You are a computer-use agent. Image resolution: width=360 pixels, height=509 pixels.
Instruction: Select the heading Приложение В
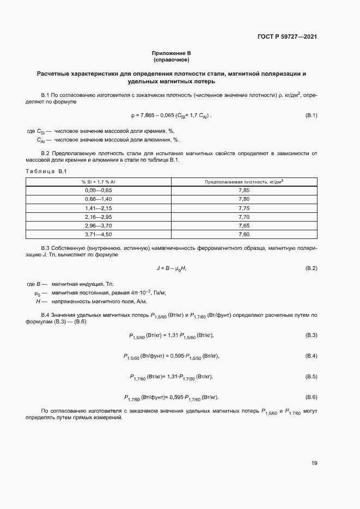[172, 53]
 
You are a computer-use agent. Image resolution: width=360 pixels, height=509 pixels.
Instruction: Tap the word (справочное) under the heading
[172, 59]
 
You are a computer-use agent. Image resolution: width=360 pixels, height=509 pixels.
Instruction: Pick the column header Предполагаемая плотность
[243, 181]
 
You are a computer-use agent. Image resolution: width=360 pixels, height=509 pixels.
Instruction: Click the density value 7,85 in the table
[243, 190]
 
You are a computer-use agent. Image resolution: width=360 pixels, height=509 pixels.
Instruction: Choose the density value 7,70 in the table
[243, 217]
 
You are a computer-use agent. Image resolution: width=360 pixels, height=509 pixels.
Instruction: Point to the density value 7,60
[243, 234]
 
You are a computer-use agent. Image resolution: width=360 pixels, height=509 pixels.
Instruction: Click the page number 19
[314, 463]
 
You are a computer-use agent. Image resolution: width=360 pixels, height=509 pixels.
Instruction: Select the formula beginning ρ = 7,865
[171, 115]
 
